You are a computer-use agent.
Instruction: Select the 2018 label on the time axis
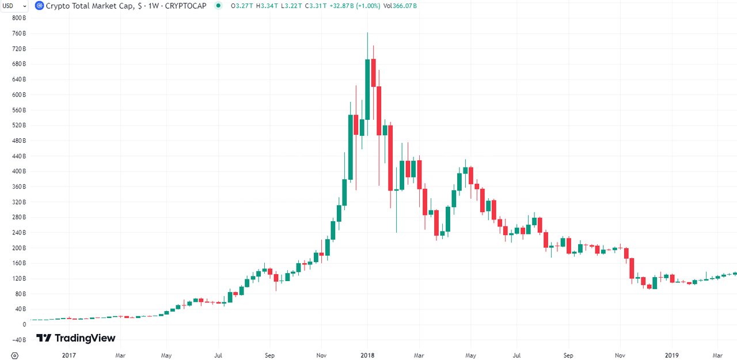367,355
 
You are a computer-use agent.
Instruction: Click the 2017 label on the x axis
69,355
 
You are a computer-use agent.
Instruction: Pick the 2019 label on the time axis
672,355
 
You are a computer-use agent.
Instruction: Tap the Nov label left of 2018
321,355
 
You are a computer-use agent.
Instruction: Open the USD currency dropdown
14,6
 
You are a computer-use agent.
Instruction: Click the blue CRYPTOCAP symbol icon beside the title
39,6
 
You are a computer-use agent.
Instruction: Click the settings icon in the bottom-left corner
15,355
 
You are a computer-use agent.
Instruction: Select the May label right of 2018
470,355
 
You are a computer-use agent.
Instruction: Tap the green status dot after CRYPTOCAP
218,6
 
